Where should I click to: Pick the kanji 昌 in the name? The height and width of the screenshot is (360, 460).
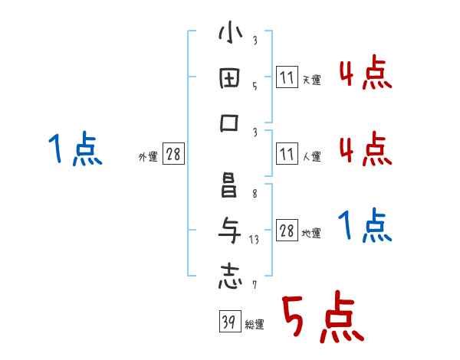229,186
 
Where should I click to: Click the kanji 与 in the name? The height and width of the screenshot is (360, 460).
229,230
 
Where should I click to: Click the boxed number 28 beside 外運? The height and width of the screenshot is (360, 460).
173,154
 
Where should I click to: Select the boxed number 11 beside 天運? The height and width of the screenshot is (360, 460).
285,78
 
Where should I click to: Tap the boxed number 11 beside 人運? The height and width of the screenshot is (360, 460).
285,154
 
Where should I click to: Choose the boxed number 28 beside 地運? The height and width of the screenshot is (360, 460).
287,231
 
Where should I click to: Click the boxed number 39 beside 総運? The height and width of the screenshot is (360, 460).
228,322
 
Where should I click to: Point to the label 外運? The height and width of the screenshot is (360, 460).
148,157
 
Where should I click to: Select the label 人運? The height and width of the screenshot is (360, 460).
310,157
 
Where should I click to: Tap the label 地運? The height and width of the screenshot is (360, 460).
310,234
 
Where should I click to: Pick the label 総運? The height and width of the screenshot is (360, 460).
254,325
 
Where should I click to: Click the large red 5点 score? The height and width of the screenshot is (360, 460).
320,319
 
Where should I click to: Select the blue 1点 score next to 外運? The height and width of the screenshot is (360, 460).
75,149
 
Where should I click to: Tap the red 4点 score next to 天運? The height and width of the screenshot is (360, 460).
365,74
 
